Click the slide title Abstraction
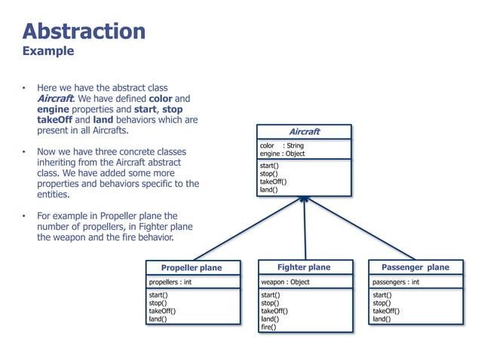click(84, 31)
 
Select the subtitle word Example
click(48, 51)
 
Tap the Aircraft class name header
click(305, 132)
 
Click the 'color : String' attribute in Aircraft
click(281, 146)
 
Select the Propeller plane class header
click(191, 267)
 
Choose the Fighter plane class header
click(304, 267)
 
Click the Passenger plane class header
click(415, 267)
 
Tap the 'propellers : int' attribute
click(170, 282)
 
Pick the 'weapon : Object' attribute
click(285, 282)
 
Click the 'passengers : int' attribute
click(396, 282)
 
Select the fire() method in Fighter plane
click(268, 327)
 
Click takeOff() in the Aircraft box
click(273, 182)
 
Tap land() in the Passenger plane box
click(381, 319)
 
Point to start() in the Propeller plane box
click(158, 295)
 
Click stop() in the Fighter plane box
click(270, 303)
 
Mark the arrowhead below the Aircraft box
click(304, 200)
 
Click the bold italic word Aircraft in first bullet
click(55, 99)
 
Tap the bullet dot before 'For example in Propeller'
click(24, 216)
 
